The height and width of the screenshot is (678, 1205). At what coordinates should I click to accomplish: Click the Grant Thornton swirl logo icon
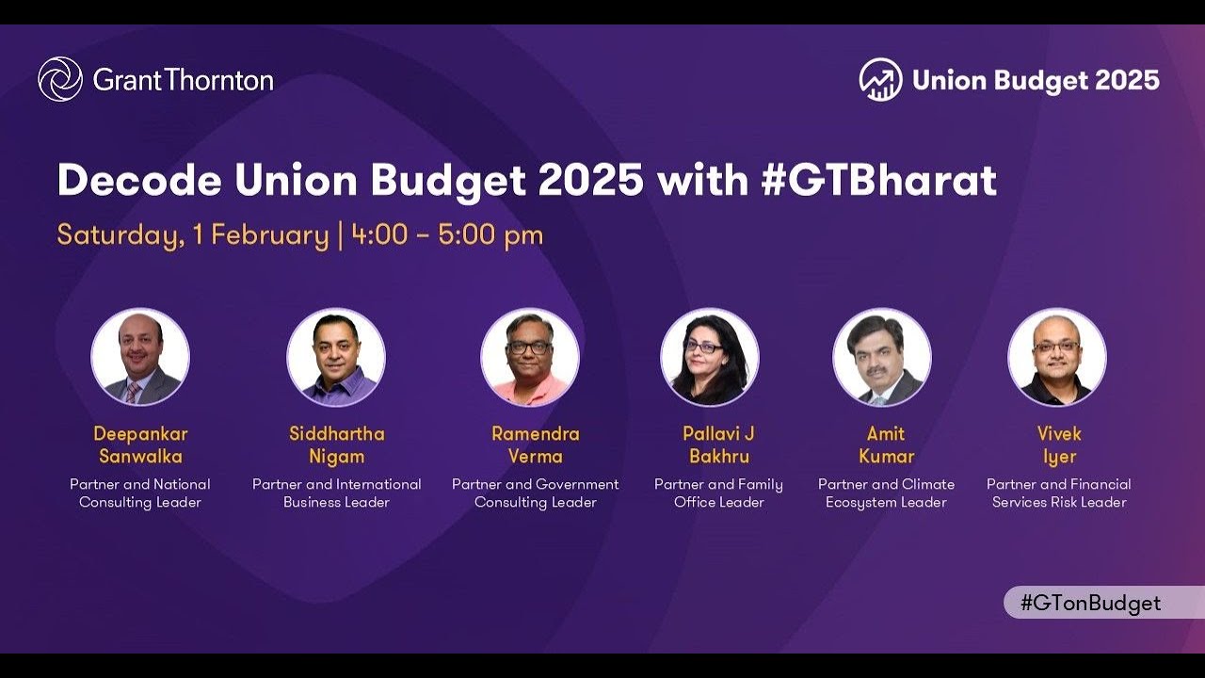pyautogui.click(x=60, y=79)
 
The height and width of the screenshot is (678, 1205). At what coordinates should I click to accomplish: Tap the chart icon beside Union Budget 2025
pyautogui.click(x=880, y=80)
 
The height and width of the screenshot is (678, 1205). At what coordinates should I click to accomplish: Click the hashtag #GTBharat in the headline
pyautogui.click(x=878, y=181)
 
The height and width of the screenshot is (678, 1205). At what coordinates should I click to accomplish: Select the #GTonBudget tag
pyautogui.click(x=1090, y=604)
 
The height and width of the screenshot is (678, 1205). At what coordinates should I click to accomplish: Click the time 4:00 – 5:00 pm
pyautogui.click(x=447, y=234)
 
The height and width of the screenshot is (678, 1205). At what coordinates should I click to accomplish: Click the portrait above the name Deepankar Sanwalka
pyautogui.click(x=140, y=358)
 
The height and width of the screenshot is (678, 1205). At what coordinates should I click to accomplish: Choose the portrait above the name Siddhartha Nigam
pyautogui.click(x=336, y=358)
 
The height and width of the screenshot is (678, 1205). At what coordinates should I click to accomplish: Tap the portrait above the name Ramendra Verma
pyautogui.click(x=530, y=358)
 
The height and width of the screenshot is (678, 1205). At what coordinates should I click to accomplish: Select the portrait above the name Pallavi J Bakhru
pyautogui.click(x=709, y=358)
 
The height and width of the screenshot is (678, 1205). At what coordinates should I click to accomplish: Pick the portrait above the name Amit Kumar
pyautogui.click(x=882, y=358)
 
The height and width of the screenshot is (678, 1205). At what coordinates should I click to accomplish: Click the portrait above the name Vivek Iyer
pyautogui.click(x=1057, y=358)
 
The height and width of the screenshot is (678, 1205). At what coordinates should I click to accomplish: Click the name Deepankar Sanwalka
pyautogui.click(x=140, y=445)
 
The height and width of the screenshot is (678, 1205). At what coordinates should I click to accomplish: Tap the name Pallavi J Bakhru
pyautogui.click(x=719, y=445)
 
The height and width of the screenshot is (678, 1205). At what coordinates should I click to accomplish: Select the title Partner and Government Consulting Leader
pyautogui.click(x=536, y=493)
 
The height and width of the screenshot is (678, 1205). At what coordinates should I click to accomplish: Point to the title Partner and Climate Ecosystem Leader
pyautogui.click(x=886, y=493)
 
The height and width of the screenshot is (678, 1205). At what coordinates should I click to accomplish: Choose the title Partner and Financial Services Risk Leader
pyautogui.click(x=1059, y=493)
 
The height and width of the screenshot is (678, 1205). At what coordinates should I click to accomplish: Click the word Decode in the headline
pyautogui.click(x=139, y=181)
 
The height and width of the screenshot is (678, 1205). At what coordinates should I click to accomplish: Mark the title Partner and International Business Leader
pyautogui.click(x=337, y=493)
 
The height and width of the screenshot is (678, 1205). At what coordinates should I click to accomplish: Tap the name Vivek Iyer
pyautogui.click(x=1059, y=445)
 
